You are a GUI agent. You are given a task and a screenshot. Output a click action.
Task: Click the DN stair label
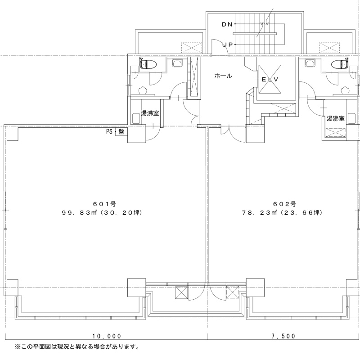227,24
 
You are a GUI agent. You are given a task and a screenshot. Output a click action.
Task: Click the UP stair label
228,45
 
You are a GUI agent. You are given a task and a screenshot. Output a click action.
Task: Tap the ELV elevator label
270,80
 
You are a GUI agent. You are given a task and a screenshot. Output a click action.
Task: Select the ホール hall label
223,76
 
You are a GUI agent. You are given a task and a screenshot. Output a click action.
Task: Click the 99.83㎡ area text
79,213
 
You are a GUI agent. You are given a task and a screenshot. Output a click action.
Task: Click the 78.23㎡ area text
259,213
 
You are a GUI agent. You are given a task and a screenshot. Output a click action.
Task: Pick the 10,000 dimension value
107,336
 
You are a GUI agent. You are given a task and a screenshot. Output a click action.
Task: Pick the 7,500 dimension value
283,336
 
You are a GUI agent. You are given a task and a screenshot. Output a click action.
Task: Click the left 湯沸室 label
150,113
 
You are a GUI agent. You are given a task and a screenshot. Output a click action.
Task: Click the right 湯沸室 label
336,118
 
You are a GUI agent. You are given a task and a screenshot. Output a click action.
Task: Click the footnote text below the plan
77,346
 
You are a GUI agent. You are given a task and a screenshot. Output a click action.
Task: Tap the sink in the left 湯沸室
137,119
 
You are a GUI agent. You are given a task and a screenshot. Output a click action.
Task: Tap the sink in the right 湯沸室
351,119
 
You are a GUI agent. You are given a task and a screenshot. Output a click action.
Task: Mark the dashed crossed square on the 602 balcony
233,292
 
